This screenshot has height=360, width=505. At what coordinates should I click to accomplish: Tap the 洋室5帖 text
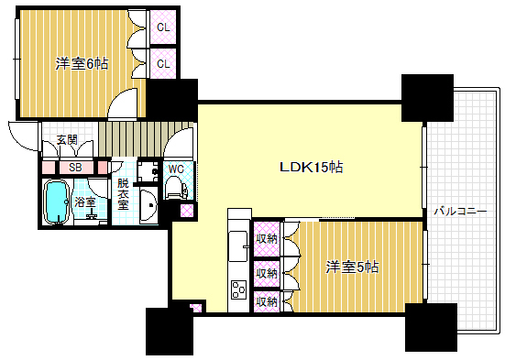tap(353, 267)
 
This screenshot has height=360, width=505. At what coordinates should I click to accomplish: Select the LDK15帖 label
tap(312, 168)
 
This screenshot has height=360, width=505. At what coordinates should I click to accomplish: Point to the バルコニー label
tap(464, 211)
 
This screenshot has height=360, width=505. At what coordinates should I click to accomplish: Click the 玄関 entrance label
tap(66, 140)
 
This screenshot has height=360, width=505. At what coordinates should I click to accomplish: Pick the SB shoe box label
tap(75, 169)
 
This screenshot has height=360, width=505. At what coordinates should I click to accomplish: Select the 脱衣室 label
tap(123, 194)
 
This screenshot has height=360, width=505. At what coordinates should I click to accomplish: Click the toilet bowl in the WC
tap(175, 189)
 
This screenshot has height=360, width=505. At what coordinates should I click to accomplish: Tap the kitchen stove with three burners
tap(238, 290)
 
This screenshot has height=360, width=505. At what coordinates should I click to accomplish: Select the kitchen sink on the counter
tap(238, 243)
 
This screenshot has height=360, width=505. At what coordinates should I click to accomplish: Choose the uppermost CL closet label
tap(163, 27)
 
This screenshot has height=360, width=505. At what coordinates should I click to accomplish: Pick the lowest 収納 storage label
tap(267, 300)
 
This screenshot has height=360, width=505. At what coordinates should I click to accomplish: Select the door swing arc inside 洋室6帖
tap(122, 104)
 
